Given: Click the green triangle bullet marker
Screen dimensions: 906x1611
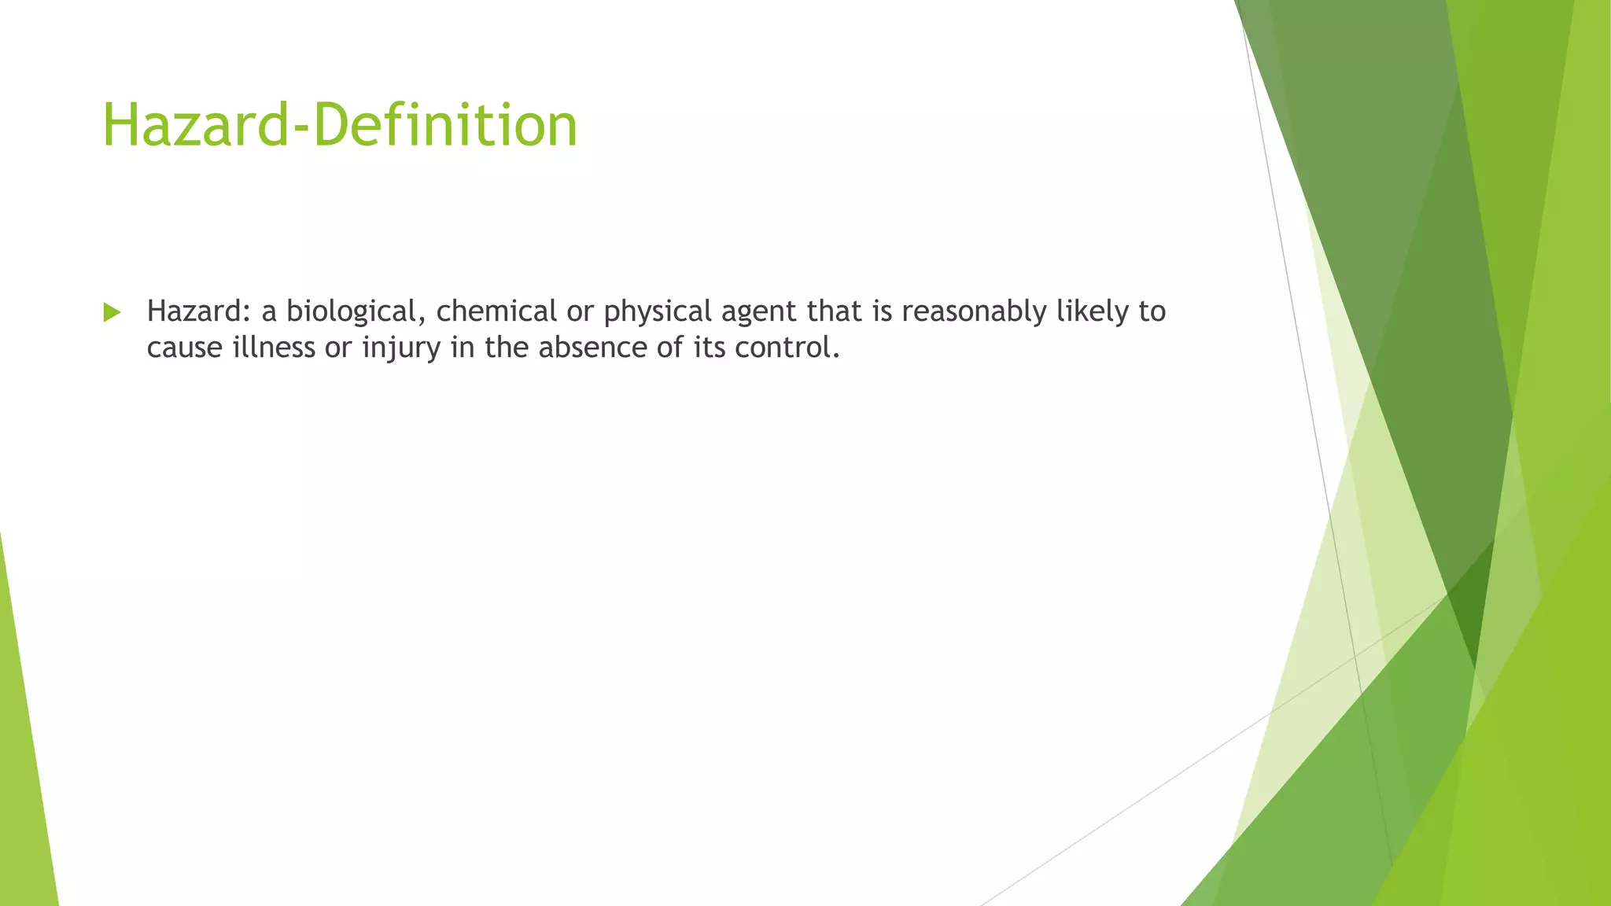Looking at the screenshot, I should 112,312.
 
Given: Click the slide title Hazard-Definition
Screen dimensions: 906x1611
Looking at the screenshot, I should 340,125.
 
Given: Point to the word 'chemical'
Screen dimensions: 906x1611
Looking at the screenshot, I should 496,311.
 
